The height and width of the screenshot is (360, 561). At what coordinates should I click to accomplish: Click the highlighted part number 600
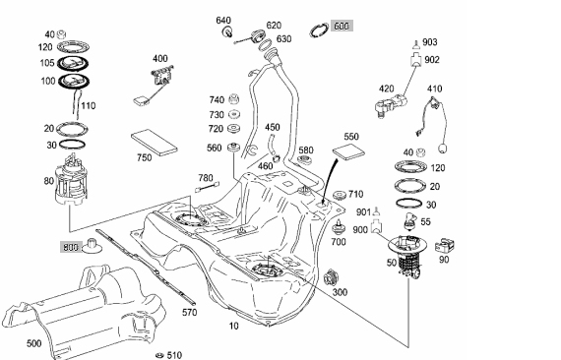(x=342, y=26)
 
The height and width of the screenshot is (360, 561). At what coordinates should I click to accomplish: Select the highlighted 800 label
(x=71, y=247)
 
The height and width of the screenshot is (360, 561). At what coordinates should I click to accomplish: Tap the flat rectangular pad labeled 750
(x=155, y=143)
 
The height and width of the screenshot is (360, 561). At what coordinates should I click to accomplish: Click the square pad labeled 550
(x=348, y=150)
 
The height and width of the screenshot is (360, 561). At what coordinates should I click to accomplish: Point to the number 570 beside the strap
(x=189, y=312)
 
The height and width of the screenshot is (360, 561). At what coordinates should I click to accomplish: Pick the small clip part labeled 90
(x=445, y=246)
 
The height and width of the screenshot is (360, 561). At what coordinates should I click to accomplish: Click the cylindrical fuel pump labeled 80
(x=71, y=181)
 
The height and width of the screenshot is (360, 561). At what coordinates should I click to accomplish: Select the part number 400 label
(x=159, y=58)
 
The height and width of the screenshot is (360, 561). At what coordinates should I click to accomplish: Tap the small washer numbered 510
(x=159, y=355)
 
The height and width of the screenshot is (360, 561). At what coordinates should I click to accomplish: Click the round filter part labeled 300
(x=331, y=278)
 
